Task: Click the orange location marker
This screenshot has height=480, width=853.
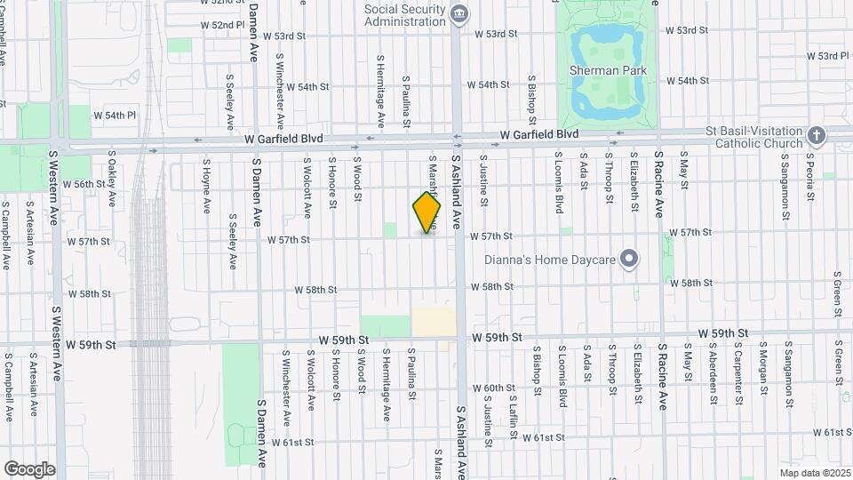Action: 427,212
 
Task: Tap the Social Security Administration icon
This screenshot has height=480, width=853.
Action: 458,12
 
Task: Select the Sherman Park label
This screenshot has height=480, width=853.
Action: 609,70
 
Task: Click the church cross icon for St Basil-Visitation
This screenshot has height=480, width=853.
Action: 817,136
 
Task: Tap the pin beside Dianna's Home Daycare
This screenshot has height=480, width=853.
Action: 630,260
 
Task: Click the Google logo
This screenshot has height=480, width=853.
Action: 29,469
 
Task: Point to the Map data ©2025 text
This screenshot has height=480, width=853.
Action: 815,473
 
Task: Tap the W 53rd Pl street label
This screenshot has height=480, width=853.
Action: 828,56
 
